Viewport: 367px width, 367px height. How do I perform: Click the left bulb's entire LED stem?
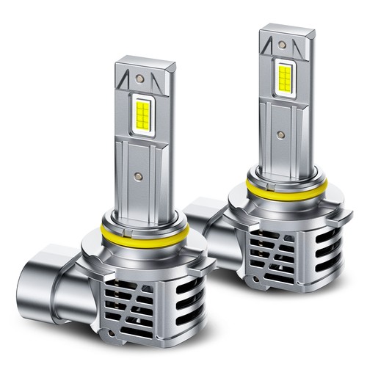tap(144, 139)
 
